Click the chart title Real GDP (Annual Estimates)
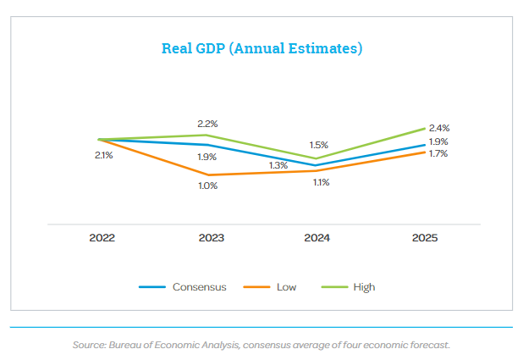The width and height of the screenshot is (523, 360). [x=261, y=48]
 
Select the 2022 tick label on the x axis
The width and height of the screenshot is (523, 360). [x=102, y=238]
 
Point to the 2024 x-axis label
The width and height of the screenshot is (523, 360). [x=317, y=238]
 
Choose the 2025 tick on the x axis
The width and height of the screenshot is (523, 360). [x=425, y=238]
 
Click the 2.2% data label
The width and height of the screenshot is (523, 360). [x=208, y=124]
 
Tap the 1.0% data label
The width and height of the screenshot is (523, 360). [x=208, y=186]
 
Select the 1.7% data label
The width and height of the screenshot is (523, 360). [x=438, y=154]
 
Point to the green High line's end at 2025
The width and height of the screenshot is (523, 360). [x=425, y=129]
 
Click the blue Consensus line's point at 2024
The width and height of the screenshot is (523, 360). [x=317, y=165]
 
